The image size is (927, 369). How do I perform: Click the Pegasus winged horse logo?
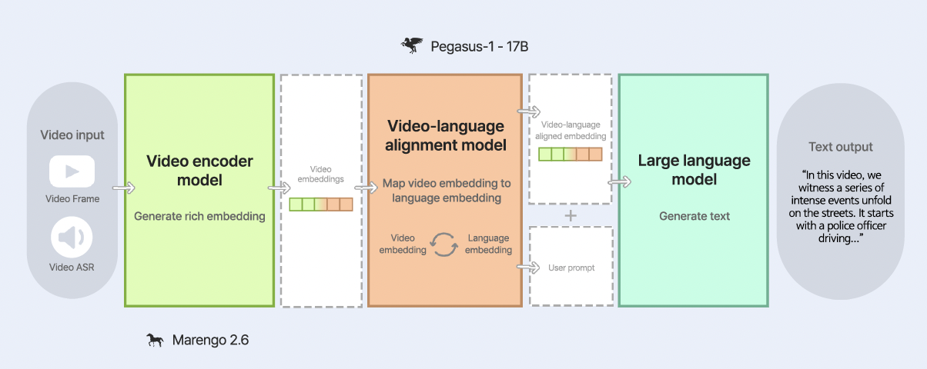(x=412, y=45)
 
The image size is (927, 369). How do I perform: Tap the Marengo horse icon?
(x=155, y=340)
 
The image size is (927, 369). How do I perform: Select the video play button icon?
(x=72, y=171)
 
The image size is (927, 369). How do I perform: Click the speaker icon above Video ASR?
(x=72, y=238)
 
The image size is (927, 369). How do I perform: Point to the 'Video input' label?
(x=72, y=135)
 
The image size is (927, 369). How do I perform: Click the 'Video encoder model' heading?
(x=199, y=170)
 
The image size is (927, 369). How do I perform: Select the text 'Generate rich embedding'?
(x=199, y=216)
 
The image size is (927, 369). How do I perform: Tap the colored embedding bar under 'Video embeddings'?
(x=321, y=204)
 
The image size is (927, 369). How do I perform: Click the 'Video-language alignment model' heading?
(x=445, y=135)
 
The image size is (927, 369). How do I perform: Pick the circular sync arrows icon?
(x=444, y=244)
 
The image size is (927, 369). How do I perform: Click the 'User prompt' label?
(x=571, y=268)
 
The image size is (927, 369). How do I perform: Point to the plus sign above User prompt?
(x=571, y=216)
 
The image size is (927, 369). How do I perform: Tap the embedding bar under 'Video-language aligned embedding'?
(x=571, y=154)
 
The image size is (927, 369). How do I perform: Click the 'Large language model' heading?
(x=694, y=170)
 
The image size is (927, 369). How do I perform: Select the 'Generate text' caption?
(x=694, y=216)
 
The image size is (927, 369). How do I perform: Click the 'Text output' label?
(x=841, y=147)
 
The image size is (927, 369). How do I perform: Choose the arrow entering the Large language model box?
(x=620, y=182)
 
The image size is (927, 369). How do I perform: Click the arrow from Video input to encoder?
(x=124, y=188)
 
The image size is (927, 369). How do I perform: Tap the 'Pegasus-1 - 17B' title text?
(x=479, y=46)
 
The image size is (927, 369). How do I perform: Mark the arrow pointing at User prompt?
(x=528, y=268)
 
